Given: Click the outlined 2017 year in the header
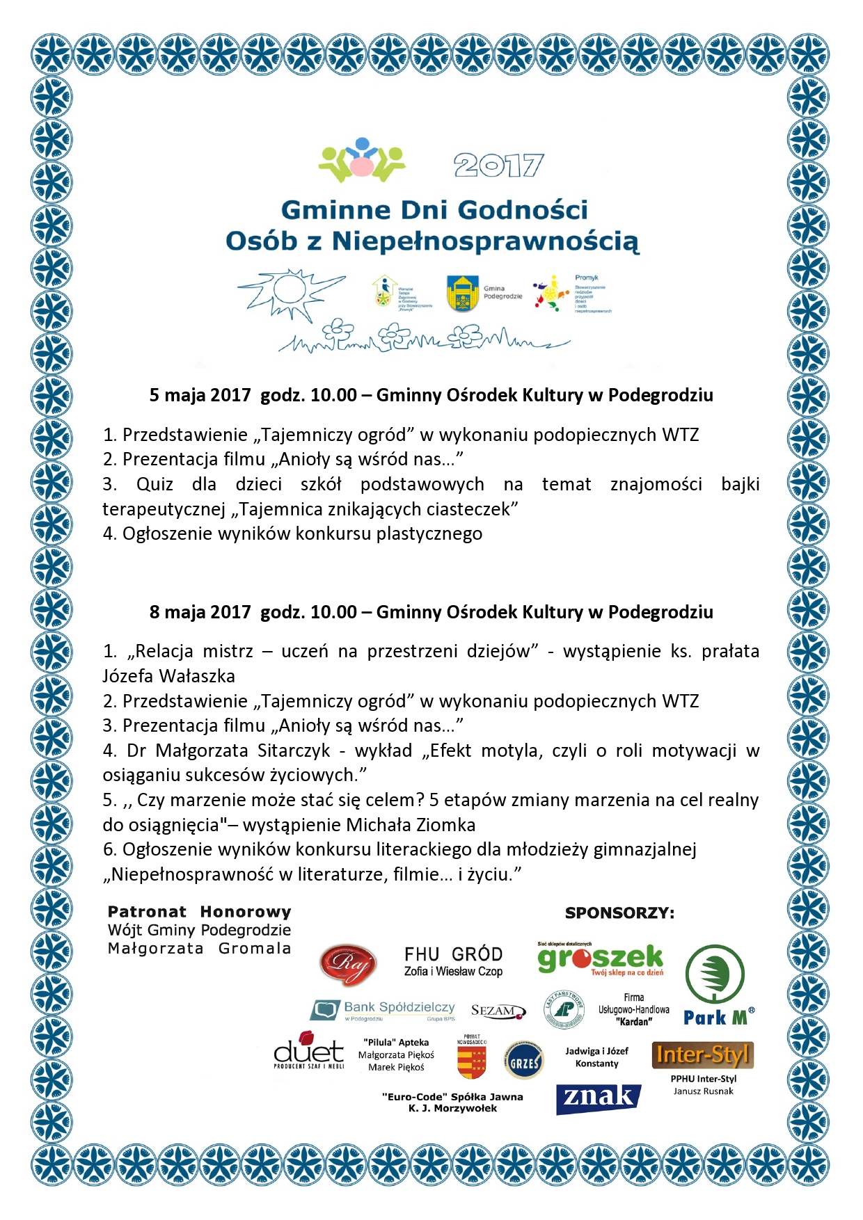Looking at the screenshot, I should click(498, 166).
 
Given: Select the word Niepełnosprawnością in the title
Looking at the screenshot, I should click(485, 241).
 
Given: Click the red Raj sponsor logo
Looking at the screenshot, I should click(348, 964).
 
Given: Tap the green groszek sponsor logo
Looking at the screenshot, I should click(600, 959).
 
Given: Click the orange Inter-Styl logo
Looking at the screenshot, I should click(703, 1055).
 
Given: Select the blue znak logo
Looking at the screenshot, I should click(598, 1098).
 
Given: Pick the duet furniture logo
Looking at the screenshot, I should click(308, 1051).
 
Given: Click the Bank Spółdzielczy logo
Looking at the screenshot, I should click(383, 1010).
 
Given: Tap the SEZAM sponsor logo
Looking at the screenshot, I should click(498, 1011).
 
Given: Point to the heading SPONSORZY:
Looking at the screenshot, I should click(619, 913).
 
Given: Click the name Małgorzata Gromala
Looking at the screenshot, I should click(199, 949).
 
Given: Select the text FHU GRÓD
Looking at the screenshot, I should click(453, 954).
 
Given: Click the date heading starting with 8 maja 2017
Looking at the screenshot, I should click(431, 612).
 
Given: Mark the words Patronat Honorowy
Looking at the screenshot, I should click(199, 912).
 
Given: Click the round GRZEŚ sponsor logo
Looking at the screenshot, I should click(524, 1062).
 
